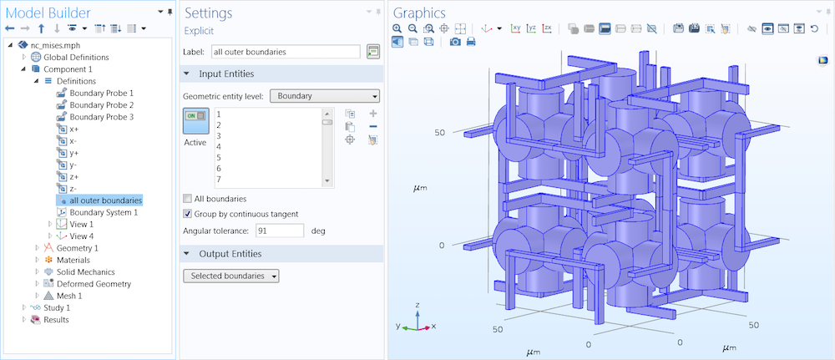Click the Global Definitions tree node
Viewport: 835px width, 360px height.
69,57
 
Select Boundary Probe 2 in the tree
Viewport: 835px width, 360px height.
101,105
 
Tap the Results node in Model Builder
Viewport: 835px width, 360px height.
56,319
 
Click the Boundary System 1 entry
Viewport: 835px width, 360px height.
104,212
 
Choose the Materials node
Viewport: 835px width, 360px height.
73,260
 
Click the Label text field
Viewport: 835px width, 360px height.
285,52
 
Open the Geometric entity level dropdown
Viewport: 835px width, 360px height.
325,96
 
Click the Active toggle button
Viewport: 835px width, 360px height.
195,121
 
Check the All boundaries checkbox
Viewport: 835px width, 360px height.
187,199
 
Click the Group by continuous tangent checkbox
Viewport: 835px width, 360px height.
187,214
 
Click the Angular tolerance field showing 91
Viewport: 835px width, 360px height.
280,231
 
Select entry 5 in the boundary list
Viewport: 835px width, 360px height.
219,157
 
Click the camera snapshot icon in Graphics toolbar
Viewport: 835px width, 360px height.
454,42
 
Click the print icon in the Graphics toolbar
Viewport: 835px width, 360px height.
470,42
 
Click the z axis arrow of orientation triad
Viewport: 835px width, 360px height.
416,312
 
